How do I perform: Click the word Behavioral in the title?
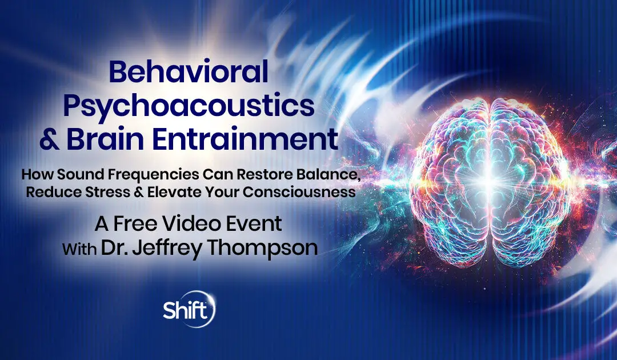(x=189, y=72)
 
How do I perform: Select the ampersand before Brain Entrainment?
(x=50, y=139)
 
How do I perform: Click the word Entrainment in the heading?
(x=245, y=139)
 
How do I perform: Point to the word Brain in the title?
(x=105, y=139)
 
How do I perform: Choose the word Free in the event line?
(x=135, y=224)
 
